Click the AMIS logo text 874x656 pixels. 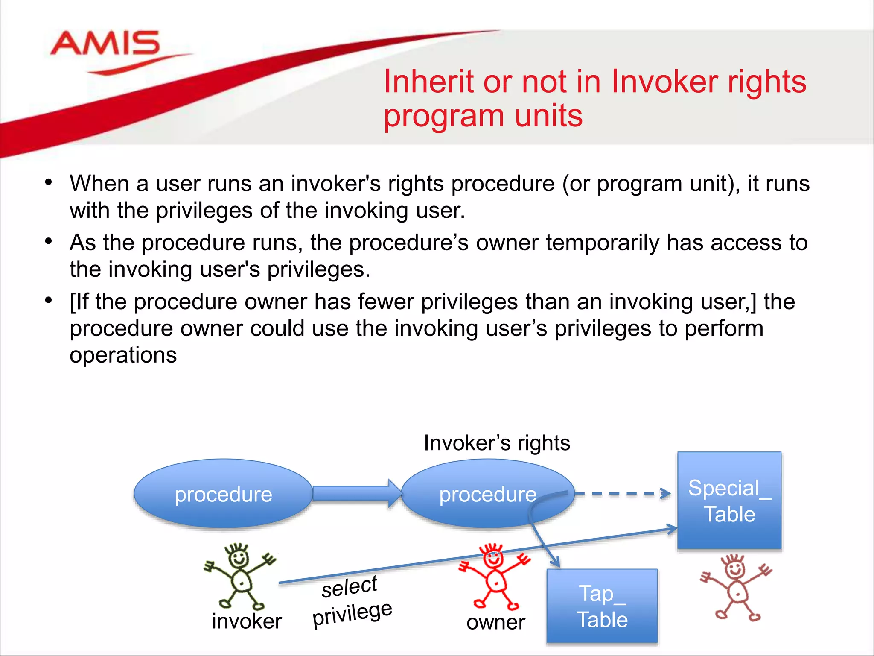(x=105, y=44)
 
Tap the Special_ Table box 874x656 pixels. (x=729, y=500)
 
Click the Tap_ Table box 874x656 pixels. (x=602, y=606)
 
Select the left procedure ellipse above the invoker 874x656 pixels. (x=223, y=494)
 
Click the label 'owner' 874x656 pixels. (x=495, y=622)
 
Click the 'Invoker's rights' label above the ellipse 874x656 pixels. (x=497, y=443)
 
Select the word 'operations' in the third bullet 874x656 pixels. (x=123, y=355)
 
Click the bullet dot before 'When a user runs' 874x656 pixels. (x=49, y=183)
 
